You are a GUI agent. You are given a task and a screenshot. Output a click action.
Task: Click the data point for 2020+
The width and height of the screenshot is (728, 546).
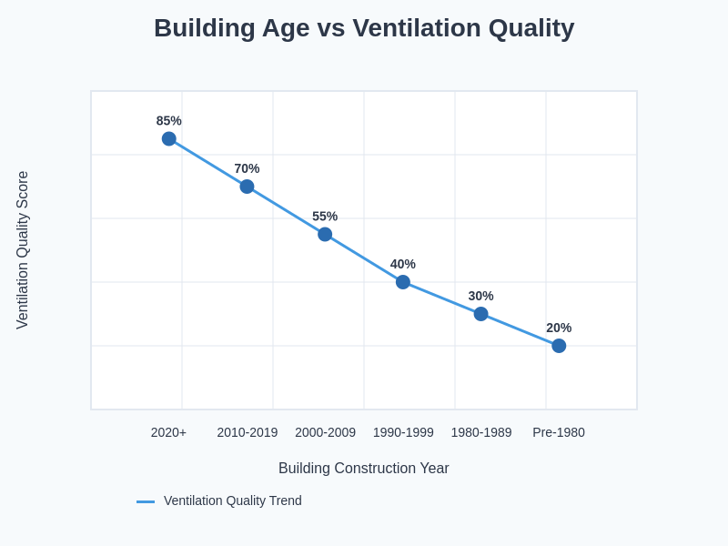point(169,139)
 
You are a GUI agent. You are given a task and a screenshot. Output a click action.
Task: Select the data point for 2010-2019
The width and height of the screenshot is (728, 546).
point(247,187)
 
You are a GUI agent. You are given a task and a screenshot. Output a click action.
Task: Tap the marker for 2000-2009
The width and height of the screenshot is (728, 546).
point(325,235)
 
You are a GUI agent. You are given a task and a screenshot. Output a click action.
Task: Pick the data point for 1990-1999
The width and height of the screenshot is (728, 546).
point(403,282)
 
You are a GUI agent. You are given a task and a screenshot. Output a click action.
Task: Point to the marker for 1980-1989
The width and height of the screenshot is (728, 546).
point(480,314)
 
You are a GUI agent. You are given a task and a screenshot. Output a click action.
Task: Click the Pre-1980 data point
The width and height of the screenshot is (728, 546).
point(559,346)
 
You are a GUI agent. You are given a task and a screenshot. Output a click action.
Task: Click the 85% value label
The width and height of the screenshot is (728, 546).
point(169,121)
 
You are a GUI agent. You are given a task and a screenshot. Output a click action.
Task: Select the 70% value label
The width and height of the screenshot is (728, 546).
point(247,168)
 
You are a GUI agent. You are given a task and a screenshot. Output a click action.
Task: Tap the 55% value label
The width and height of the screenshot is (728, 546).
point(325,217)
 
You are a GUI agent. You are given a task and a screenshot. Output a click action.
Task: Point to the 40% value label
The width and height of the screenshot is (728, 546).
point(403,264)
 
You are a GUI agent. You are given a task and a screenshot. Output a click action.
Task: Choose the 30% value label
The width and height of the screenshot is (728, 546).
point(480,296)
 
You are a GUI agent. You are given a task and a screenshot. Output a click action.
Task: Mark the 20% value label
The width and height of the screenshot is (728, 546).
point(559,328)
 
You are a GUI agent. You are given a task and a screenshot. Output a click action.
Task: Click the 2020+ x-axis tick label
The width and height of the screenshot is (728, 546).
point(168,432)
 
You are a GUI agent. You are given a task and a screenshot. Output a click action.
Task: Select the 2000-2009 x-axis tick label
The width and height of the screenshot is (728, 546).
point(325,432)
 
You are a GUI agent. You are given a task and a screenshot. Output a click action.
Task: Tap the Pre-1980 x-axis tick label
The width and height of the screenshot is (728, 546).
point(559,432)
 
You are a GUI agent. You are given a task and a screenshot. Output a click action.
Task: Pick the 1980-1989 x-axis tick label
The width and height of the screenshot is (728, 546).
point(481,432)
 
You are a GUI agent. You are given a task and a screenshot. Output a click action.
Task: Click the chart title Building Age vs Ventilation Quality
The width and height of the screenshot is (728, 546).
point(364,28)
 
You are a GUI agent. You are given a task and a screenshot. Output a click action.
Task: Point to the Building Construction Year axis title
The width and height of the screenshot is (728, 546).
point(364,469)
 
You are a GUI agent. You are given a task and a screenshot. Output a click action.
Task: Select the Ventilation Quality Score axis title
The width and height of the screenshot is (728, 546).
point(23,250)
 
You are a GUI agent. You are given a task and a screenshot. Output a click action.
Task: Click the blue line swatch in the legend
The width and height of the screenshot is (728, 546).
point(146,501)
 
